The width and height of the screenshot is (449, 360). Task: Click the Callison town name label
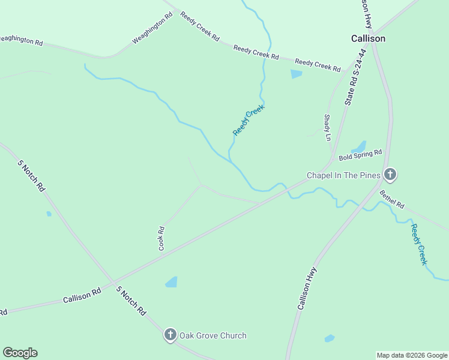pyautogui.click(x=368, y=38)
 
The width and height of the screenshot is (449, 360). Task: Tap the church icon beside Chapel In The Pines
pyautogui.click(x=390, y=175)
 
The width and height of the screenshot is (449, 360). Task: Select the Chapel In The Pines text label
pyautogui.click(x=343, y=175)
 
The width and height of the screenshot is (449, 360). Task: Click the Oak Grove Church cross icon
pyautogui.click(x=170, y=335)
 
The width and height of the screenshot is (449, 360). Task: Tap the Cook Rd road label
pyautogui.click(x=161, y=238)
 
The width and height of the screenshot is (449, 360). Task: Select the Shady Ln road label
pyautogui.click(x=327, y=127)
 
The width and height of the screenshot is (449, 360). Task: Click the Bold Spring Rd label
pyautogui.click(x=360, y=155)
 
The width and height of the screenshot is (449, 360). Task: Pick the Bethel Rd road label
pyautogui.click(x=392, y=199)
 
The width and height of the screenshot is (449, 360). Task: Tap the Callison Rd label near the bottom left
pyautogui.click(x=82, y=296)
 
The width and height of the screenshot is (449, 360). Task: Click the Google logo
pyautogui.click(x=20, y=353)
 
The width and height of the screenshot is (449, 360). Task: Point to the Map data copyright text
pyautogui.click(x=412, y=355)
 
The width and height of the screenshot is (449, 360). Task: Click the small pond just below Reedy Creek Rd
pyautogui.click(x=296, y=74)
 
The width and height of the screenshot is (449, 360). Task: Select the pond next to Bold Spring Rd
pyautogui.click(x=359, y=147)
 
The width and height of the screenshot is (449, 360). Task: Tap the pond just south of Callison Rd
pyautogui.click(x=172, y=281)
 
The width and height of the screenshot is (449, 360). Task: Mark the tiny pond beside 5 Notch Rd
pyautogui.click(x=49, y=214)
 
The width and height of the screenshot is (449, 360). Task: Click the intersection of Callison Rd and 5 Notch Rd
pyautogui.click(x=113, y=282)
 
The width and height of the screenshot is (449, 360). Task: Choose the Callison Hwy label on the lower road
pyautogui.click(x=307, y=288)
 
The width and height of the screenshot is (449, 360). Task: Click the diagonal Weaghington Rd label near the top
pyautogui.click(x=152, y=28)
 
